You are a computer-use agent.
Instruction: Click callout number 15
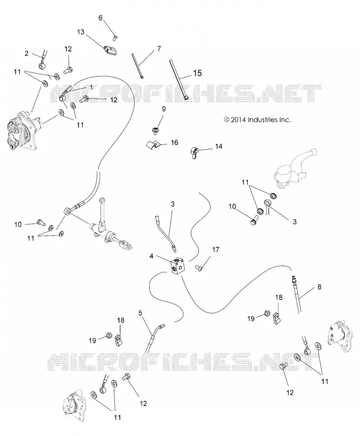click(x=197, y=73)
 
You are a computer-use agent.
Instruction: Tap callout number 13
click(x=81, y=32)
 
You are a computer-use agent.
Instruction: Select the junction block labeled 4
click(x=178, y=267)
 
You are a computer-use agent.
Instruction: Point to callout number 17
click(x=216, y=250)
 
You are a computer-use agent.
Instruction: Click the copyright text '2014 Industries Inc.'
click(x=258, y=120)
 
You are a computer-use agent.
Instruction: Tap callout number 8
click(x=319, y=287)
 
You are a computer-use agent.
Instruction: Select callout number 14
click(x=218, y=146)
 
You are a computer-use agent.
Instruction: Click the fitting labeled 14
click(x=194, y=153)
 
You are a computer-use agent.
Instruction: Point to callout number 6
click(x=101, y=18)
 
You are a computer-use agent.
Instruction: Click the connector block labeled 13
click(x=110, y=51)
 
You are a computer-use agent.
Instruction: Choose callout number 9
click(x=163, y=109)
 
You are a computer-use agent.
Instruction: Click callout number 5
click(x=140, y=313)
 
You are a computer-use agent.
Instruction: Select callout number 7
click(x=159, y=49)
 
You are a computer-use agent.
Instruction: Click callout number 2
click(x=27, y=53)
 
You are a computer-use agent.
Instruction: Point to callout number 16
click(x=174, y=143)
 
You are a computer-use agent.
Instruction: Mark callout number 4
click(x=151, y=256)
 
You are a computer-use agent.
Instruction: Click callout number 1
click(x=91, y=87)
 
